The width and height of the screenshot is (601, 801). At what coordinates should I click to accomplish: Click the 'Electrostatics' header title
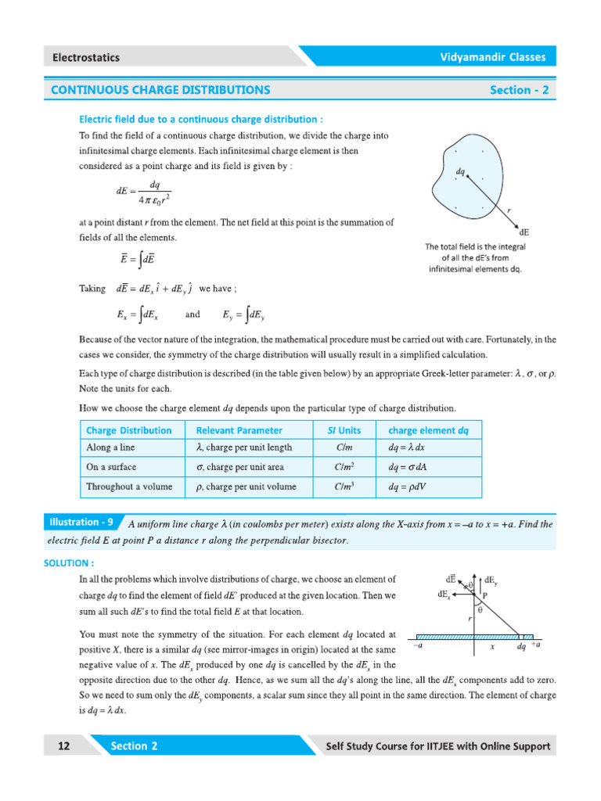pyautogui.click(x=86, y=57)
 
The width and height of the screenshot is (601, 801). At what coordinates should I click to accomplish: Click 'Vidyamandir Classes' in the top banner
pyautogui.click(x=491, y=57)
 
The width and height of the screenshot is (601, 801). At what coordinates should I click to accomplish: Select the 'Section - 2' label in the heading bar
pyautogui.click(x=519, y=90)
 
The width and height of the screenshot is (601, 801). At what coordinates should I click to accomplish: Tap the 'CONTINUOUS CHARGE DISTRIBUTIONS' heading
pyautogui.click(x=160, y=90)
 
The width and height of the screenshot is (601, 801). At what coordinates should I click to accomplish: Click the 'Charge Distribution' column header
pyautogui.click(x=128, y=430)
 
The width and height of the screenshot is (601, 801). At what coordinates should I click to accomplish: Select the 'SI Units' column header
pyautogui.click(x=344, y=430)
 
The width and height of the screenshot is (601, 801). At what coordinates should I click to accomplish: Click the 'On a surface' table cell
pyautogui.click(x=111, y=467)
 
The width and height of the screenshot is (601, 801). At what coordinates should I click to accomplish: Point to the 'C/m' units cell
pyautogui.click(x=344, y=447)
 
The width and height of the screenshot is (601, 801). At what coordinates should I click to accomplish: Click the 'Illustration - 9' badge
pyautogui.click(x=81, y=522)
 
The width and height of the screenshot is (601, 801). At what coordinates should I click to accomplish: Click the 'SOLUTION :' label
pyautogui.click(x=70, y=562)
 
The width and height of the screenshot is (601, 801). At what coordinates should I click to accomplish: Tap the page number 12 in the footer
pyautogui.click(x=63, y=746)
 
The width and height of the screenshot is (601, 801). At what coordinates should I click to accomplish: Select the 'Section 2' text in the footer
pyautogui.click(x=134, y=746)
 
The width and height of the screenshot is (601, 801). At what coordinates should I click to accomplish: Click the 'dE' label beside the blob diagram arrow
pyautogui.click(x=524, y=232)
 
